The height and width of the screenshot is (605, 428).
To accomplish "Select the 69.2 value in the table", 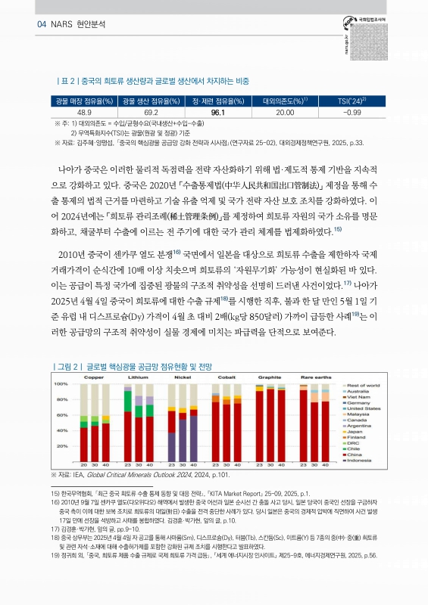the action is click(149, 112).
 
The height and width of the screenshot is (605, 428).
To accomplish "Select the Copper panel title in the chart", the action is click(94, 376).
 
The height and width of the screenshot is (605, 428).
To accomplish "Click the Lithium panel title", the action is click(138, 376).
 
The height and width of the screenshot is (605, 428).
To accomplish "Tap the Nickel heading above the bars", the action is click(182, 376).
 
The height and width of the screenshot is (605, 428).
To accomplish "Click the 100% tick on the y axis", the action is click(63, 384).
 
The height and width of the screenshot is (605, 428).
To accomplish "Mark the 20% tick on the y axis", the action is click(64, 446).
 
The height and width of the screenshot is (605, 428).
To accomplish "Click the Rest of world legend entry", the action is click(365, 385).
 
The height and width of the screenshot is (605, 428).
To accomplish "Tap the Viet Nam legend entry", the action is click(360, 396).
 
